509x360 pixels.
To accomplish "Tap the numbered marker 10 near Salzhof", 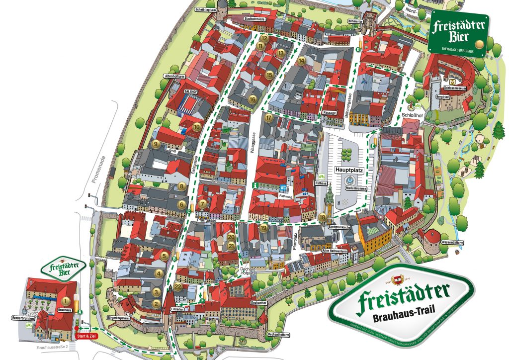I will (197, 127).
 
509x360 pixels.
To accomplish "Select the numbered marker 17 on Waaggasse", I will (269, 118).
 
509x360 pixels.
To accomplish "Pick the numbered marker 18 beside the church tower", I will (323, 217).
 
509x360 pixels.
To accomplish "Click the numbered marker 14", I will (302, 61).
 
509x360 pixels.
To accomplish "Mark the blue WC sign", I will (282, 187).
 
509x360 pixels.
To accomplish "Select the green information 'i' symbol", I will (255, 185).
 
